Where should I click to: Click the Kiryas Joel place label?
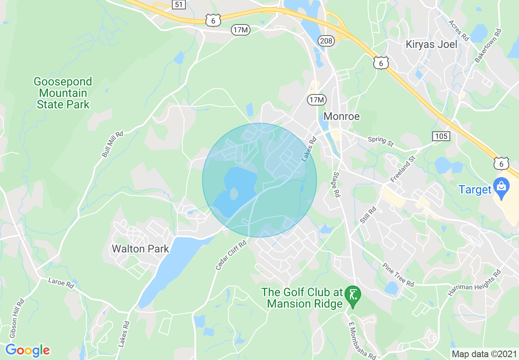pyautogui.click(x=431, y=44)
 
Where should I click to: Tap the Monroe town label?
pyautogui.click(x=341, y=116)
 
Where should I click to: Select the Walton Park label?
pyautogui.click(x=140, y=249)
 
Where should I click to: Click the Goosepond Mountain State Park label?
pyautogui.click(x=63, y=93)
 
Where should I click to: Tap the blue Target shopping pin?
pyautogui.click(x=501, y=187)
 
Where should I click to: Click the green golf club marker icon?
pyautogui.click(x=352, y=294)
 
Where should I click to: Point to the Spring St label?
pyautogui.click(x=380, y=141)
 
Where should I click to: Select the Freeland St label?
pyautogui.click(x=403, y=169)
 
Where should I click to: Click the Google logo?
pyautogui.click(x=27, y=350)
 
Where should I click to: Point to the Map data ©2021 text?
pyautogui.click(x=484, y=354)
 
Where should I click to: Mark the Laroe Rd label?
pyautogui.click(x=61, y=282)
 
